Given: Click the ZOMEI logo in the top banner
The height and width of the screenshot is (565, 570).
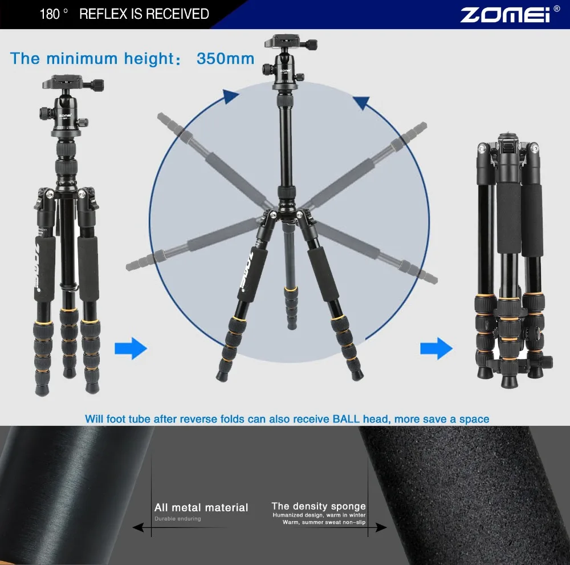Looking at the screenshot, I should click(505, 14).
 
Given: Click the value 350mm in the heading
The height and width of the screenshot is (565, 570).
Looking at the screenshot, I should click(225, 59).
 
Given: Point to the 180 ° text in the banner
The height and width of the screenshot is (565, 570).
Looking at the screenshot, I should click(54, 14).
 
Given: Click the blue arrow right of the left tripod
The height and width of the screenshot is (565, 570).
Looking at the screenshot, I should click(131, 348).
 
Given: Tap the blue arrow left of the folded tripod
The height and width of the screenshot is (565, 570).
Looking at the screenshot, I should click(436, 348).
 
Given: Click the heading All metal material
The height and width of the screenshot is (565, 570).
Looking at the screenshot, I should click(201, 507).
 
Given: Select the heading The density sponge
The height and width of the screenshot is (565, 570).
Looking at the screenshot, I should click(319, 506).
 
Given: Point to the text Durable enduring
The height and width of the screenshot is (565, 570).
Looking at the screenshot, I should click(178, 519).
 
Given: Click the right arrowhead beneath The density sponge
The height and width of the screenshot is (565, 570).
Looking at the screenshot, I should click(381, 528).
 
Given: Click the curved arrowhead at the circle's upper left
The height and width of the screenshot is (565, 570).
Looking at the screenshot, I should click(230, 97).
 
